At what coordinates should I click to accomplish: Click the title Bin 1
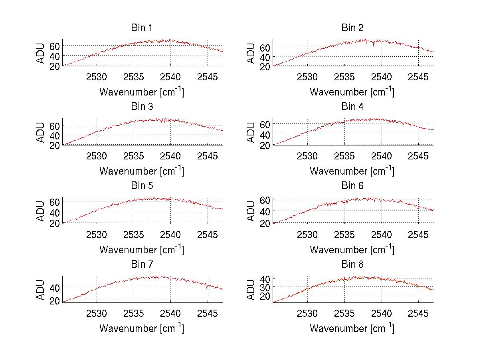coord(142,28)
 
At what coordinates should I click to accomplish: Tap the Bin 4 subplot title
coord(352,107)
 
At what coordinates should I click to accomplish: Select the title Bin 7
coord(142,265)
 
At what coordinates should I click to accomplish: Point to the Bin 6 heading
coord(352,186)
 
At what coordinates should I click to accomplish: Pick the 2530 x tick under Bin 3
coord(97,155)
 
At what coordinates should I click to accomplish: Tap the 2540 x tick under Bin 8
coord(382,313)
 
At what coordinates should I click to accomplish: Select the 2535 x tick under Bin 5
coord(134,234)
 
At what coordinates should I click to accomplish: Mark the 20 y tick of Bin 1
coord(55,66)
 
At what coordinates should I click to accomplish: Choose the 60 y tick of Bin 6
coord(265,199)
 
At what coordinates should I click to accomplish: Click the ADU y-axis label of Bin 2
coord(251,53)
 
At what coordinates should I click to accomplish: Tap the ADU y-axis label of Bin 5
coord(40,211)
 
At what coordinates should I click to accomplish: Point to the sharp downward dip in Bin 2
coord(374,46)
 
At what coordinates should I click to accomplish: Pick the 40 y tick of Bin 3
coord(55,135)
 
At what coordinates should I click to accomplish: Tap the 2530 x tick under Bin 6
coord(307,234)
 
